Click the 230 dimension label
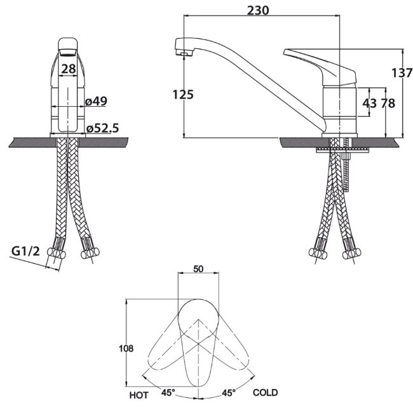[258, 11]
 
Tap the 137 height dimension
[402, 72]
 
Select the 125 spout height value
[183, 94]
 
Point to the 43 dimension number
[370, 104]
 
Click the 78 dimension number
[388, 104]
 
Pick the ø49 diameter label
[96, 101]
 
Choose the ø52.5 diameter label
[103, 128]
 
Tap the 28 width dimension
[69, 69]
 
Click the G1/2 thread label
[25, 251]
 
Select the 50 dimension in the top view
[198, 269]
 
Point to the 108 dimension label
[126, 348]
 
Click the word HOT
[139, 395]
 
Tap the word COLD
[265, 393]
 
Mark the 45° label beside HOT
[168, 393]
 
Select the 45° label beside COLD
[229, 393]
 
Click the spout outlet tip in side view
[184, 54]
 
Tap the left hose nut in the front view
[57, 254]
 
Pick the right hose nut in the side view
[351, 254]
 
